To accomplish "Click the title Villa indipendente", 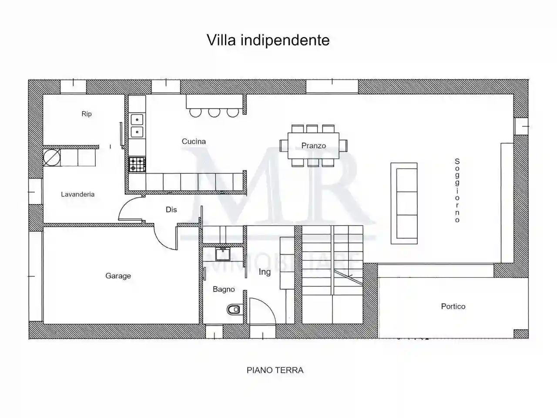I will [x=268, y=40].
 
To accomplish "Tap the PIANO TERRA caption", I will [x=275, y=370].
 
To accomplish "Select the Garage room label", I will [x=118, y=276].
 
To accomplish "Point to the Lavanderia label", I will [x=77, y=194].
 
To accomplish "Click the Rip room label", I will [x=87, y=114].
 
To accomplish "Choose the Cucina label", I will [x=194, y=141].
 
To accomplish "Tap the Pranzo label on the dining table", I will [x=313, y=146].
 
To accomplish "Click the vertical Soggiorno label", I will [x=457, y=190].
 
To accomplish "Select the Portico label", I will [x=453, y=306].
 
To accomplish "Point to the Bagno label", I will [x=224, y=289].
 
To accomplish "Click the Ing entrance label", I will [x=265, y=272].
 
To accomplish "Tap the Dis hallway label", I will [x=171, y=209].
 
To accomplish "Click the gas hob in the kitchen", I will [x=137, y=165].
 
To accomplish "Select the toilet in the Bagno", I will [x=234, y=310].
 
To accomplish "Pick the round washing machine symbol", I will [x=50, y=157].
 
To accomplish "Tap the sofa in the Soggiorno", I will [x=404, y=203].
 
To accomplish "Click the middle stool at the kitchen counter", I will [x=214, y=112].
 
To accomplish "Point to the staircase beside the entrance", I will [x=332, y=274].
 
